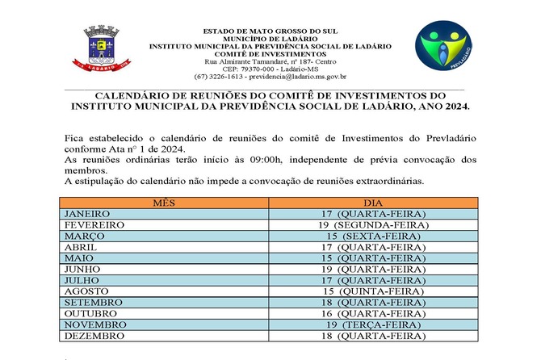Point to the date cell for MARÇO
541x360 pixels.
pyautogui.click(x=372, y=236)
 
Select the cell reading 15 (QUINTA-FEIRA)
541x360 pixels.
pyautogui.click(x=372, y=291)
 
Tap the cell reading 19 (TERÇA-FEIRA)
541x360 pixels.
pyautogui.click(x=372, y=324)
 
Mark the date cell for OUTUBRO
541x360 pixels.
pyautogui.click(x=372, y=313)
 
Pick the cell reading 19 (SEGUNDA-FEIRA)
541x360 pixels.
pyautogui.click(x=372, y=224)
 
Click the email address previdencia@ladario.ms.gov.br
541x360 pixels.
pyautogui.click(x=297, y=77)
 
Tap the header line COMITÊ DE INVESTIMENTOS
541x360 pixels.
pyautogui.click(x=270, y=53)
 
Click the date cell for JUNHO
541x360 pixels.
pyautogui.click(x=372, y=269)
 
